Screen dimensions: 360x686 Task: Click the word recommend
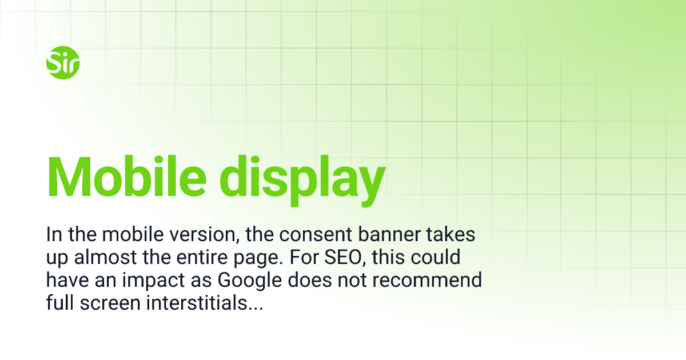pyautogui.click(x=432, y=281)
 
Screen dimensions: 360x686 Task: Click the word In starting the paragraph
pyautogui.click(x=53, y=235)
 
